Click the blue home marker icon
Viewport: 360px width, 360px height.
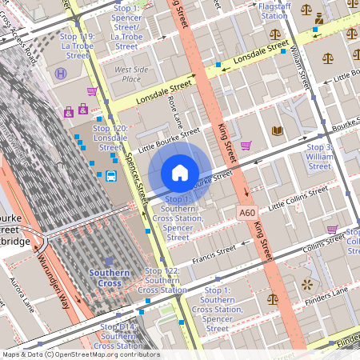pyautogui.click(x=180, y=173)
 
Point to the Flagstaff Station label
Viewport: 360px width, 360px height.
pyautogui.click(x=274, y=10)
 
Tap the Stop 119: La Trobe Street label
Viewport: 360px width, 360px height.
pyautogui.click(x=78, y=46)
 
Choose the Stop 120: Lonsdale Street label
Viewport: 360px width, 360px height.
pyautogui.click(x=110, y=138)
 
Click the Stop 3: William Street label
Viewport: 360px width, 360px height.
pyautogui.click(x=319, y=157)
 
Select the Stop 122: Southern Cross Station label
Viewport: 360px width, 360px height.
pyautogui.click(x=166, y=280)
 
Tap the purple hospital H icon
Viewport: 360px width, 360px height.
pyautogui.click(x=61, y=73)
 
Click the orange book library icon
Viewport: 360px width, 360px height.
pyautogui.click(x=277, y=130)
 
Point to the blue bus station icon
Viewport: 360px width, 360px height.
pyautogui.click(x=111, y=176)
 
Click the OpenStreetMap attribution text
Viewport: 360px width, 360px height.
pyautogui.click(x=80, y=354)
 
